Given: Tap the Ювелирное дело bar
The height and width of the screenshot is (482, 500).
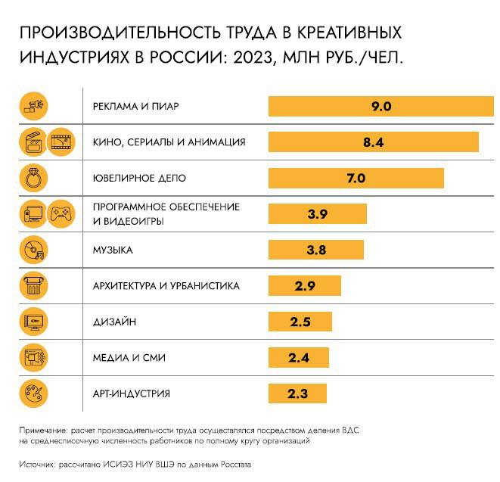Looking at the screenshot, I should click(x=356, y=179).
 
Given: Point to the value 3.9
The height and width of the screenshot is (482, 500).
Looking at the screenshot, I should click(x=317, y=214).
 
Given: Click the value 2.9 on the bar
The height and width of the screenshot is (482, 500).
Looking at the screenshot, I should click(x=305, y=286).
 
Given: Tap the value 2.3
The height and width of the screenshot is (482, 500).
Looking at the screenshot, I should click(x=297, y=393).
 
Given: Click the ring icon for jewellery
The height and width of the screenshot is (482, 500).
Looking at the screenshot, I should click(x=35, y=179).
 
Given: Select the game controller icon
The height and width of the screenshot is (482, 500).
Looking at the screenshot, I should click(x=60, y=215).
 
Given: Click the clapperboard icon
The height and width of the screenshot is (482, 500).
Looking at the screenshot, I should click(x=34, y=142).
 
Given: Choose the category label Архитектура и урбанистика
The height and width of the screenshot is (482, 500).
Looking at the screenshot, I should click(x=166, y=286).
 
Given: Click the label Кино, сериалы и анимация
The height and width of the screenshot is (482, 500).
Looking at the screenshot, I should click(x=169, y=142).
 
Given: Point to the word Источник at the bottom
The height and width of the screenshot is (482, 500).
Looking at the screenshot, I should click(x=36, y=463).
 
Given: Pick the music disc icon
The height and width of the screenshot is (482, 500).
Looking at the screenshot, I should click(x=35, y=250).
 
